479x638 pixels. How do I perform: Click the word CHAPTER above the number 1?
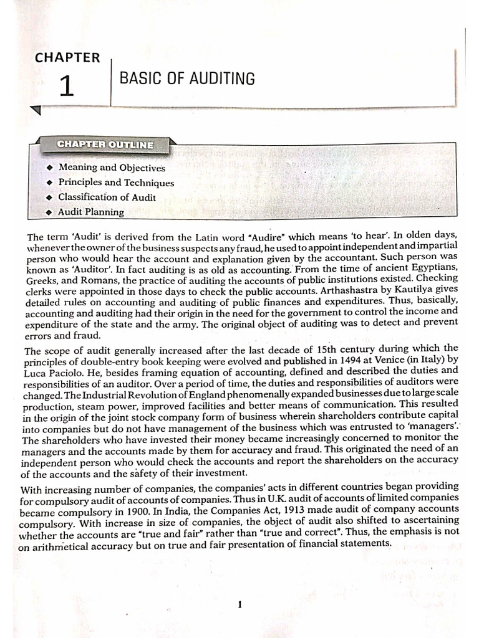tap(67, 57)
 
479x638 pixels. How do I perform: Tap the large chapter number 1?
tap(67, 86)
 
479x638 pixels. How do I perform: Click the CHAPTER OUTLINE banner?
tap(105, 145)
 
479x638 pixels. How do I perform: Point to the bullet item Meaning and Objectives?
tap(112, 168)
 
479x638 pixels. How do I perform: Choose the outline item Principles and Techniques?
tap(116, 183)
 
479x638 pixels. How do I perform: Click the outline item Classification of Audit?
tap(107, 198)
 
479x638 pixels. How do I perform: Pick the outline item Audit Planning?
tap(91, 212)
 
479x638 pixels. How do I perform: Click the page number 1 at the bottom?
tap(240, 604)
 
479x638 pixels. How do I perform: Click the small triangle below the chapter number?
tap(36, 110)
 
